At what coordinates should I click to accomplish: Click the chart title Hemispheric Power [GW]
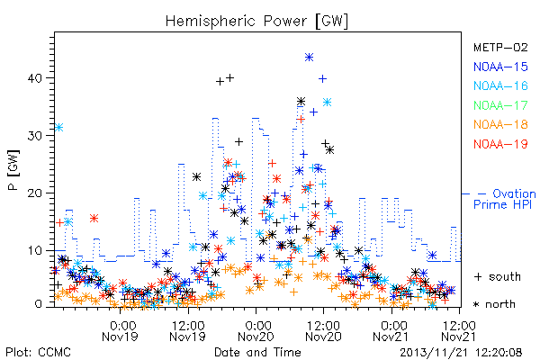tap(256, 21)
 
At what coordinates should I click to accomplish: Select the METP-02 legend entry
tap(500, 47)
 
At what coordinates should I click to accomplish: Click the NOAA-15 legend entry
tap(500, 67)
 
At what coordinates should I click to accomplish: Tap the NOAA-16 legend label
tap(500, 85)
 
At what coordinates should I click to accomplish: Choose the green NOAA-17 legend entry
tap(500, 105)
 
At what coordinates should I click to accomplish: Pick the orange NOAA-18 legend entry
tap(500, 124)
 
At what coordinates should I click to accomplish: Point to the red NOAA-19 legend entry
tap(500, 144)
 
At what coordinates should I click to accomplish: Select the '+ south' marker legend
tap(498, 276)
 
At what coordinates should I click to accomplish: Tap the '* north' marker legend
tap(494, 304)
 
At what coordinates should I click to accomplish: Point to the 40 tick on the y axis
tap(35, 78)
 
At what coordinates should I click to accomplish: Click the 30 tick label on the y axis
tap(35, 136)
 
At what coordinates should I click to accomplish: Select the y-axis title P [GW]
tap(13, 170)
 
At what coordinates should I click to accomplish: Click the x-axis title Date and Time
tap(257, 352)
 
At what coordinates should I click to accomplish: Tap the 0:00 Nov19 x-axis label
tap(120, 331)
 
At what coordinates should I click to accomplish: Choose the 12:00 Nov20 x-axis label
tap(323, 331)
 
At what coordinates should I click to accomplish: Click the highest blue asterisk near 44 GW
tap(309, 58)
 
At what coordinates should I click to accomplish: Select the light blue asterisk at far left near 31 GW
tap(58, 128)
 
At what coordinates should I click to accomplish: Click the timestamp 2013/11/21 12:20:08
tap(461, 353)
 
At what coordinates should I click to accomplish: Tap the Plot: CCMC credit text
tap(38, 353)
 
